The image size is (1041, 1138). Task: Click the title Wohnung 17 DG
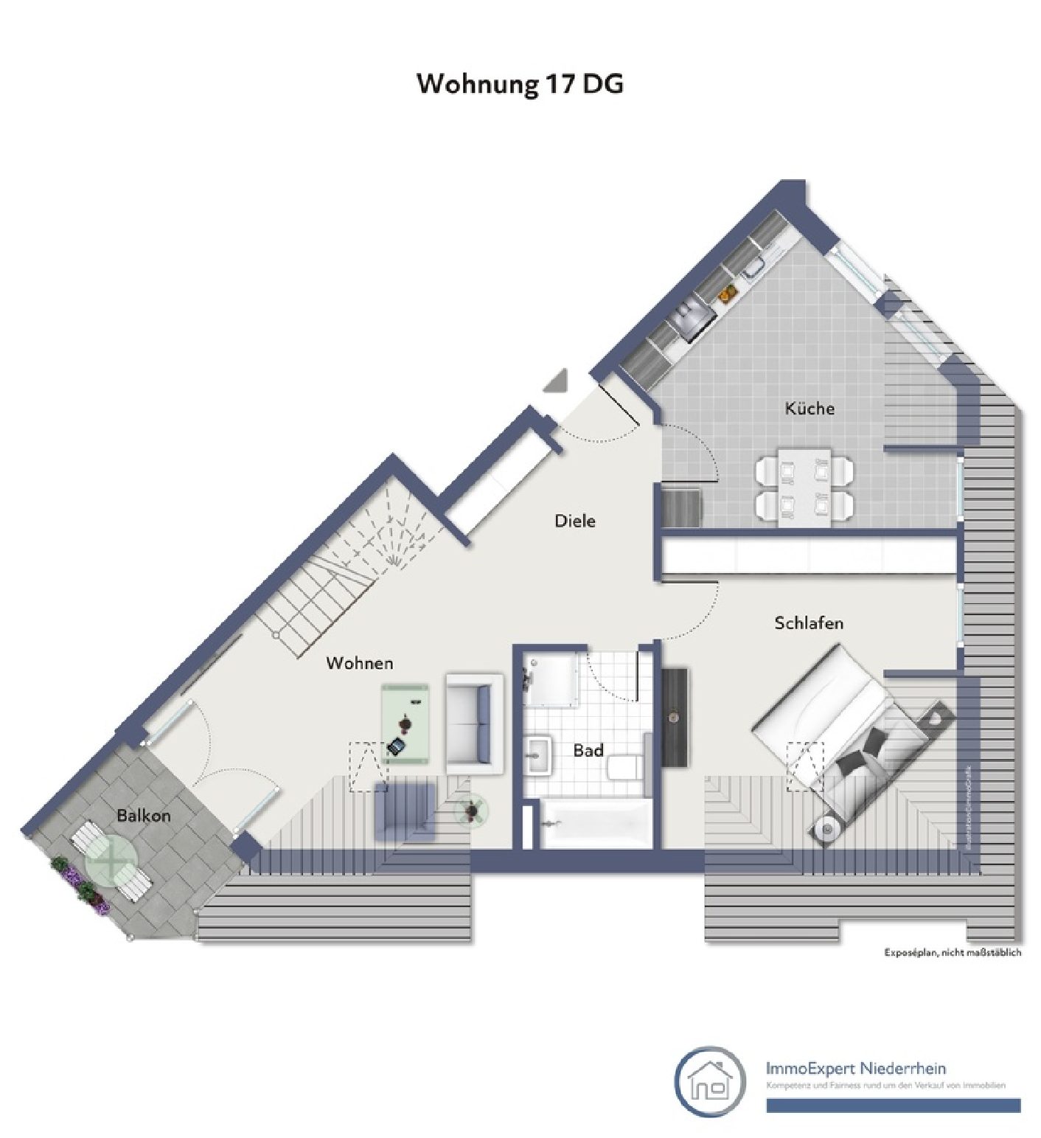tap(520, 83)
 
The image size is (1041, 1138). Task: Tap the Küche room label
tap(810, 408)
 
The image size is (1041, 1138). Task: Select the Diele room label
tap(574, 521)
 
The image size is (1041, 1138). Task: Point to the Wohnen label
tap(360, 663)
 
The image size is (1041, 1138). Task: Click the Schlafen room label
tap(809, 623)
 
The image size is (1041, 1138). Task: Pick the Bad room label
tap(588, 751)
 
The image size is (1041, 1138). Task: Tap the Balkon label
tap(144, 815)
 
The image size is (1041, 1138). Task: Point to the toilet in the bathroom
tap(625, 767)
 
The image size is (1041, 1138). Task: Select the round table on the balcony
tap(111, 860)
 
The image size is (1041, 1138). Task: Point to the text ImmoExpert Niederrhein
tap(855, 1068)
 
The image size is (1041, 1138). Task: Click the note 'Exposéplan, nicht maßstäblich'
tap(953, 953)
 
